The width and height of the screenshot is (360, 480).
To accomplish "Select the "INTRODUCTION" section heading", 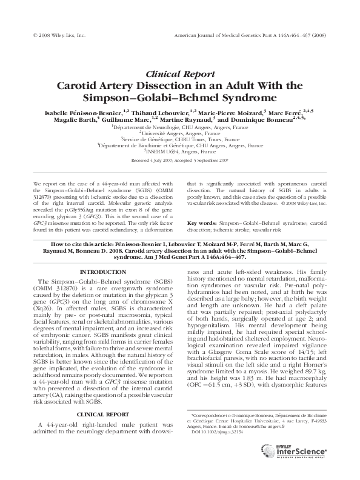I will coord(102,272).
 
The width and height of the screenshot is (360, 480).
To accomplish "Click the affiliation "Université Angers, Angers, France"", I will coord(180,133).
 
